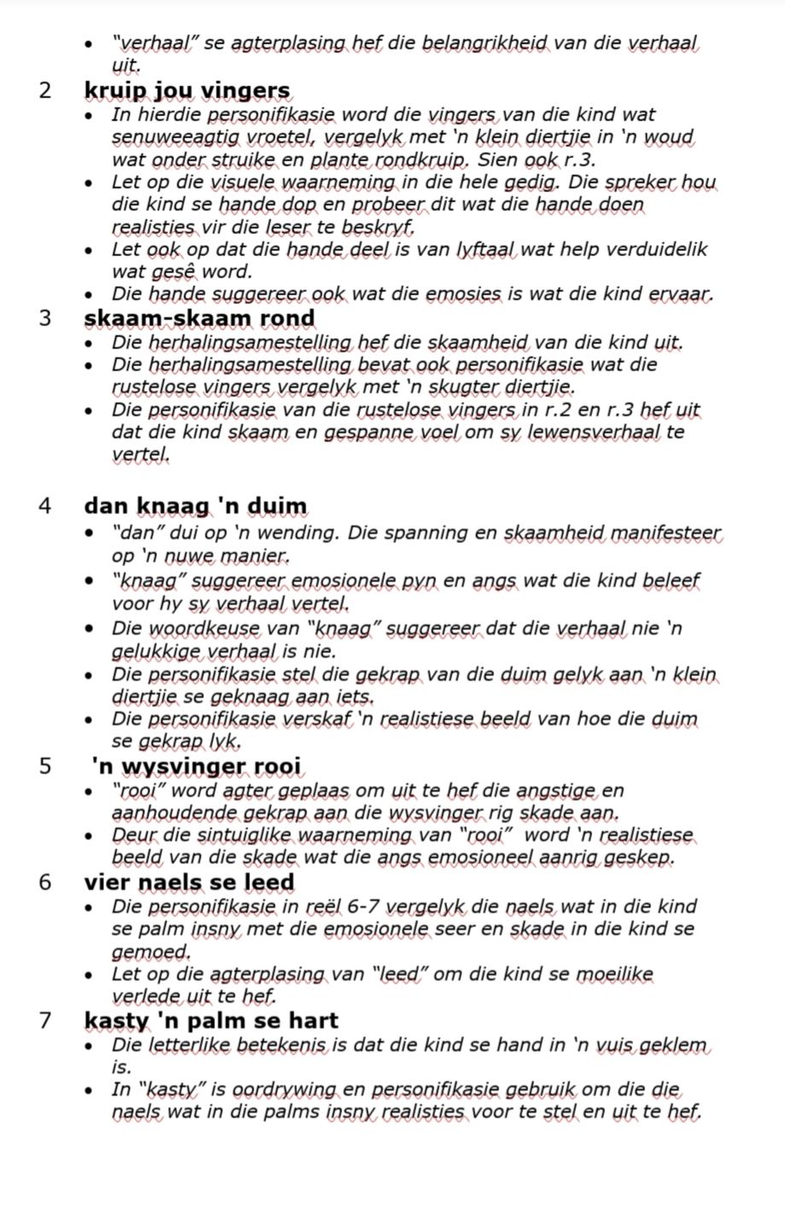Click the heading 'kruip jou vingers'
187,90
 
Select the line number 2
46,90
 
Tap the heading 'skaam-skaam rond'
200,318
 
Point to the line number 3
46,318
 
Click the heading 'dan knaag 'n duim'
195,506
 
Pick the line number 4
46,506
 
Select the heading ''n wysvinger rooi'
196,766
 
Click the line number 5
46,766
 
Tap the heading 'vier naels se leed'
189,882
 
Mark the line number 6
46,882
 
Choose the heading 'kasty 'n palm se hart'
212,1020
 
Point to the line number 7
46,1020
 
